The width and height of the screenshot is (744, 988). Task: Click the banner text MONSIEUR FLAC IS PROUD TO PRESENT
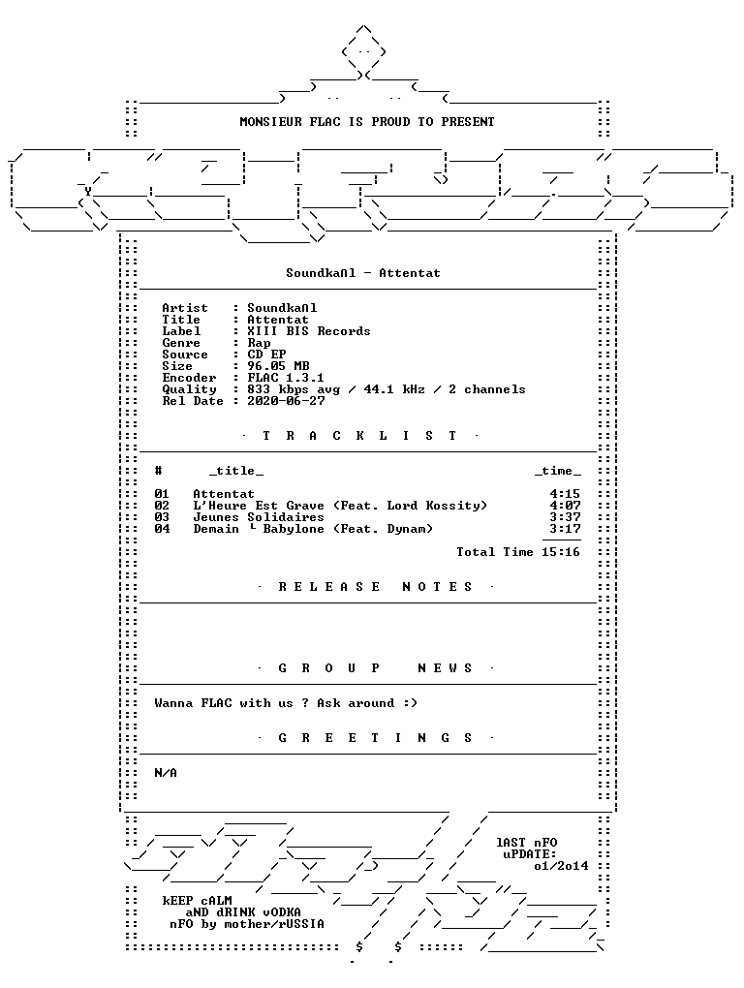point(366,122)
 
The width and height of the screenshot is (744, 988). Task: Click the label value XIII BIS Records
point(309,331)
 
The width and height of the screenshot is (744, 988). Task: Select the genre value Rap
point(259,344)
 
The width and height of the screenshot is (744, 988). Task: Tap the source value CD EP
point(266,355)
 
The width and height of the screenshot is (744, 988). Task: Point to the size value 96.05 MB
point(278,366)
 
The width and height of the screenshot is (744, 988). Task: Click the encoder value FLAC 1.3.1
point(286,378)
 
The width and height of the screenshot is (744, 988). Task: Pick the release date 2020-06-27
point(286,401)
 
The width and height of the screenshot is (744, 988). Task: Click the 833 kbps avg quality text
point(293,390)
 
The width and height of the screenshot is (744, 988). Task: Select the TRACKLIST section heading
point(359,436)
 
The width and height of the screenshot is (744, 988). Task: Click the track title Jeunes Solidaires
point(259,517)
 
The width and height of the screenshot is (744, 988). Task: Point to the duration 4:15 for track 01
point(565,494)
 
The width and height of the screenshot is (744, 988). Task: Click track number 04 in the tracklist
point(162,529)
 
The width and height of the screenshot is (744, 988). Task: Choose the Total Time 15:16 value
point(561,552)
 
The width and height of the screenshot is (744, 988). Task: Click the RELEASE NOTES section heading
point(376,587)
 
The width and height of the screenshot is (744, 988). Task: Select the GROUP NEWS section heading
point(376,668)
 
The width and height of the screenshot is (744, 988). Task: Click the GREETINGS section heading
point(376,738)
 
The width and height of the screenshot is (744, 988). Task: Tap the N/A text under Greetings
point(166,773)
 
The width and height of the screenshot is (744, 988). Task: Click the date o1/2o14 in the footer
point(561,866)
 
